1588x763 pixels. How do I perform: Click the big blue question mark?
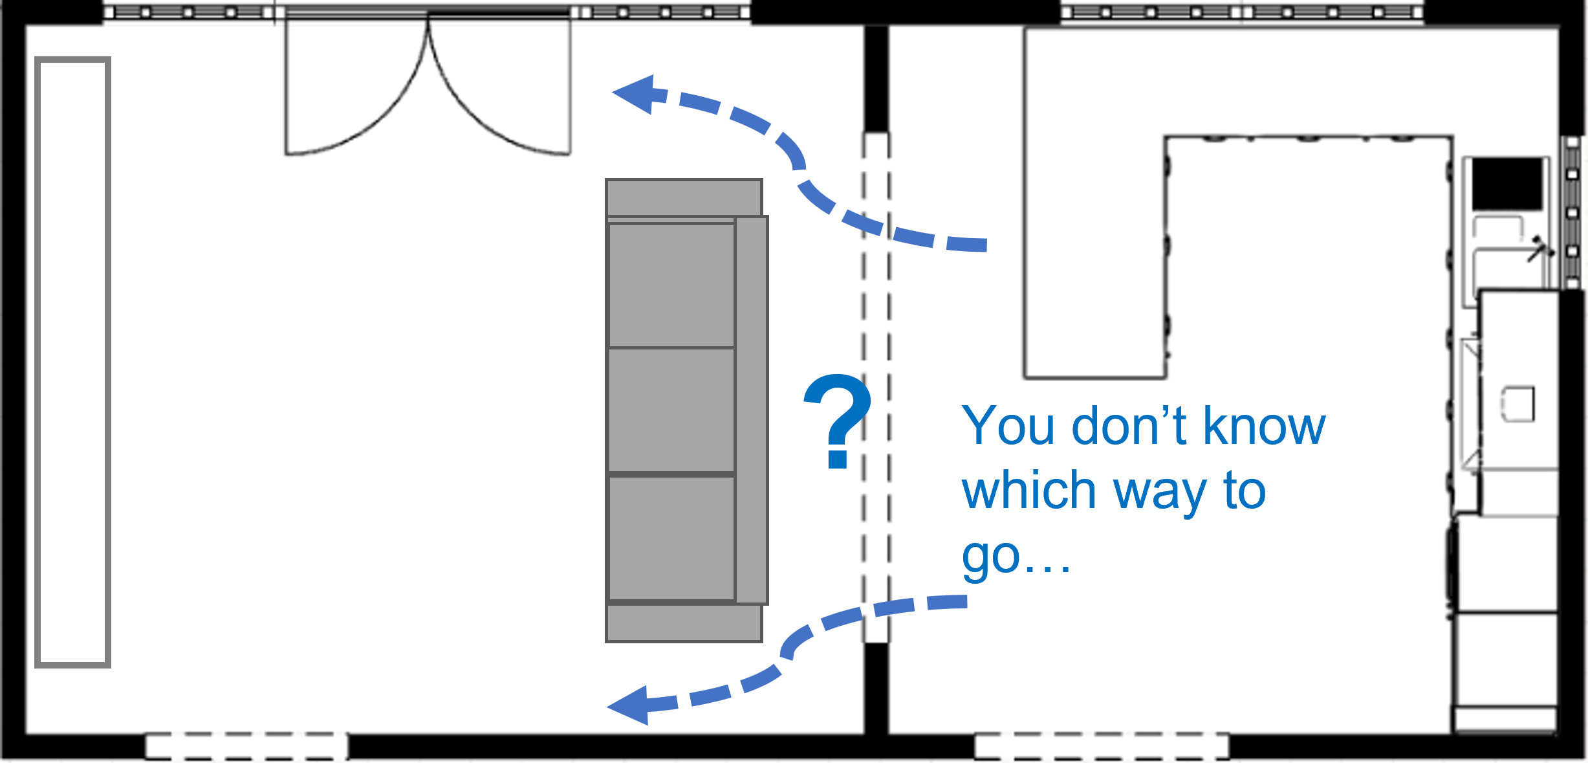tap(838, 421)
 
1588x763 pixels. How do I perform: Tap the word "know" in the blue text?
tap(1265, 426)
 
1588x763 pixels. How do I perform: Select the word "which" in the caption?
tap(1028, 491)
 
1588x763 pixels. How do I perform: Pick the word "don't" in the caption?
tap(1129, 426)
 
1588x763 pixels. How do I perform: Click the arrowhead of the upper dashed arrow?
tap(637, 94)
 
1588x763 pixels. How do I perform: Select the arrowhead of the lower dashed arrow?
tap(631, 705)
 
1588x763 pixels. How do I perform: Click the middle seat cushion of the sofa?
tap(671, 410)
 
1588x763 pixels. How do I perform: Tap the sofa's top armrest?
tap(684, 197)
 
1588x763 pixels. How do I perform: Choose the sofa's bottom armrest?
tap(684, 623)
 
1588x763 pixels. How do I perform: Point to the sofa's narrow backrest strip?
tap(752, 410)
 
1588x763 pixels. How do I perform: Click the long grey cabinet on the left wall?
tap(72, 362)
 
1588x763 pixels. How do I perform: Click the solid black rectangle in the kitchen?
tap(1507, 184)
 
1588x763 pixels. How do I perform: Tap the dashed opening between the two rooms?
tap(876, 388)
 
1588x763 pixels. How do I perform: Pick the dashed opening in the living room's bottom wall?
tap(246, 746)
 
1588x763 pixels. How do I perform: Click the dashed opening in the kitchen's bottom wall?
tap(1102, 746)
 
